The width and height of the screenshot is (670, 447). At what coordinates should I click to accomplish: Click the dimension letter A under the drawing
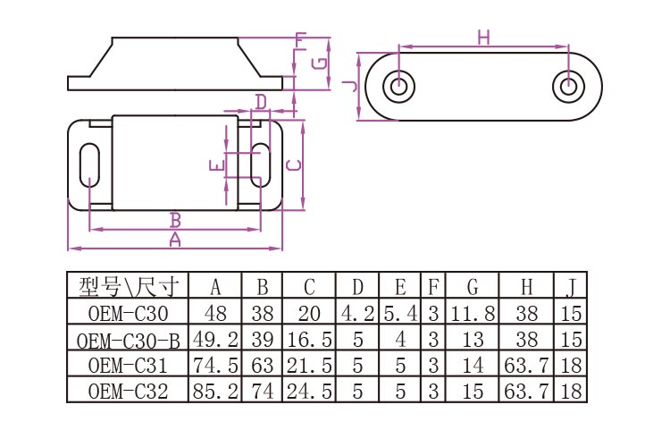click(175, 240)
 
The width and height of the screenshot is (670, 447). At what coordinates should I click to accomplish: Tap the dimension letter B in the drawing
click(176, 220)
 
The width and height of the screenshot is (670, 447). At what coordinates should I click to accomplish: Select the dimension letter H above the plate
click(483, 37)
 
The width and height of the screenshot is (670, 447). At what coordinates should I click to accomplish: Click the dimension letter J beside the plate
click(349, 86)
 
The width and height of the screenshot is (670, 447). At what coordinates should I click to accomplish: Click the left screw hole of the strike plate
click(399, 87)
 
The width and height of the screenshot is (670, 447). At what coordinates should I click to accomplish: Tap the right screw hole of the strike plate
click(568, 87)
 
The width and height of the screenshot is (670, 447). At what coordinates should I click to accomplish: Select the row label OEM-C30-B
click(129, 340)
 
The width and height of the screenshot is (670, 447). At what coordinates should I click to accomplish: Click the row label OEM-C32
click(129, 390)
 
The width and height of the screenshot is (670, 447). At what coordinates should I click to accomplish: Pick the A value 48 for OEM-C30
click(215, 314)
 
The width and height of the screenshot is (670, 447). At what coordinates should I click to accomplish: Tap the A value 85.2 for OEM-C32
click(215, 390)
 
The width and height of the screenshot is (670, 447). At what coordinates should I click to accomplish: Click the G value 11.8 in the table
click(472, 314)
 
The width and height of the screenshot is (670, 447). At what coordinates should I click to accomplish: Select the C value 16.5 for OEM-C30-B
click(309, 340)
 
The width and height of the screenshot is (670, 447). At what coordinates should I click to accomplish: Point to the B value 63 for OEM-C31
click(263, 365)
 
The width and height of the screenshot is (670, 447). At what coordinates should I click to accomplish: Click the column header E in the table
click(400, 288)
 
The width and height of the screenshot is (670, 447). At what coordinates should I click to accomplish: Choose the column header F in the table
click(433, 288)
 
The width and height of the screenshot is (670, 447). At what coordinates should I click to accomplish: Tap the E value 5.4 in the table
click(400, 314)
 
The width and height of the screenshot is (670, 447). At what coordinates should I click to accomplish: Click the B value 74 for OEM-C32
click(263, 390)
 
